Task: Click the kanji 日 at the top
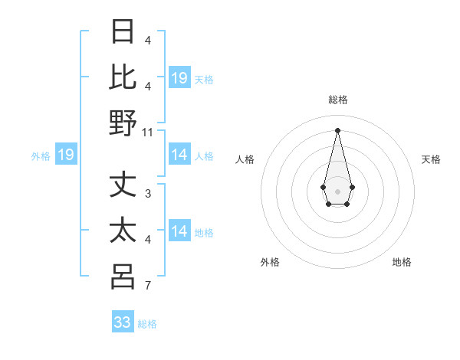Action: click(123, 32)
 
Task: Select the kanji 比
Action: click(123, 77)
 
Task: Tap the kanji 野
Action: click(123, 123)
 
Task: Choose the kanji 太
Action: click(123, 231)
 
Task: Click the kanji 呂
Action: click(123, 277)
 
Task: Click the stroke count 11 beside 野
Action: click(148, 132)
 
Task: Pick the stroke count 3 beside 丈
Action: click(147, 194)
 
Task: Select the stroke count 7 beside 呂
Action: click(147, 286)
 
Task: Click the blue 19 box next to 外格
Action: click(65, 155)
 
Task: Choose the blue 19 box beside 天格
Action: click(179, 78)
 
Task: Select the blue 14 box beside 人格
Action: click(179, 155)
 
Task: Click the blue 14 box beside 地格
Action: click(179, 232)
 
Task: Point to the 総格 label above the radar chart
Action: click(337, 100)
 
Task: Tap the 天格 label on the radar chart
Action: click(431, 159)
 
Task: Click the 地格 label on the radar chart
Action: click(402, 262)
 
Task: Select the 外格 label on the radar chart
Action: click(270, 262)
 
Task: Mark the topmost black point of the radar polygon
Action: click(337, 129)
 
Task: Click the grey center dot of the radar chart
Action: click(337, 191)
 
